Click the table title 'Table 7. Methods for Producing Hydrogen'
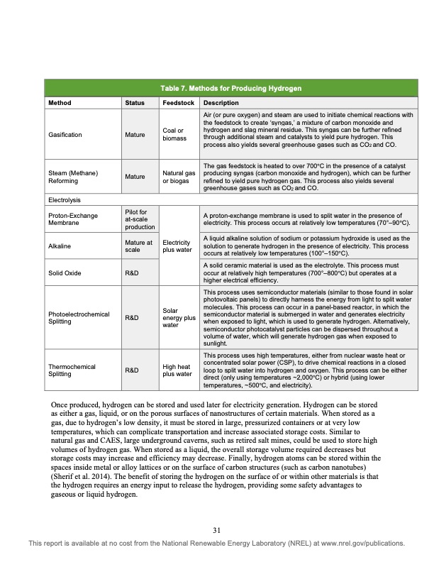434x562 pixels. coord(230,89)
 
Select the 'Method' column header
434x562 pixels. coord(59,103)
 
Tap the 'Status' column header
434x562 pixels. coord(134,103)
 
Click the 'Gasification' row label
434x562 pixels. coord(66,133)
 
